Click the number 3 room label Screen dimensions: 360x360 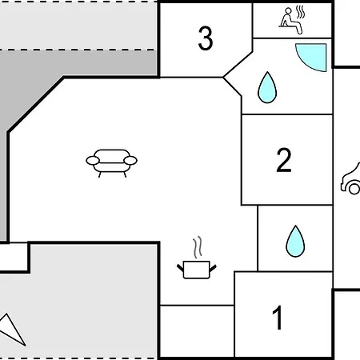pos(206,38)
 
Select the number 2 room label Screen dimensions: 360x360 pos(284,160)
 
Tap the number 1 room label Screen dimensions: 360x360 pos(278,318)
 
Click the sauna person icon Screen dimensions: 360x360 pos(290,21)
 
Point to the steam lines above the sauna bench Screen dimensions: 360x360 pos(300,12)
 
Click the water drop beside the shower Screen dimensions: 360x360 pos(267,87)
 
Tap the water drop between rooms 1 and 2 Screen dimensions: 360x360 pos(295,242)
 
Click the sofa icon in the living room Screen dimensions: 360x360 pos(111,162)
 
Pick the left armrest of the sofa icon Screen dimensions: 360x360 pos(93,161)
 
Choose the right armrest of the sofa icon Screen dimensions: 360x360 pos(130,161)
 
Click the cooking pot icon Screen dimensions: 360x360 pos(197,270)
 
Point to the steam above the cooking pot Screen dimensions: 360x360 pos(198,247)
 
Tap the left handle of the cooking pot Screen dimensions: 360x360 pos(181,268)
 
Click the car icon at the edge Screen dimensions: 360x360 pos(350,179)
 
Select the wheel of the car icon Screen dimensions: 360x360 pos(354,189)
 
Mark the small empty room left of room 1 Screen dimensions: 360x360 pos(197,330)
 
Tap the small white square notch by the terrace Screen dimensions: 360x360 pos(14,257)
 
